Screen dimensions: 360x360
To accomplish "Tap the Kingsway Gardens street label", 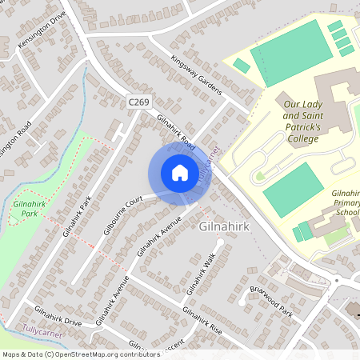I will (196, 76).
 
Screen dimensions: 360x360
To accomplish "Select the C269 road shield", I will (138, 102).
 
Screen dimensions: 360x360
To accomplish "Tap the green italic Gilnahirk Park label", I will (30, 209).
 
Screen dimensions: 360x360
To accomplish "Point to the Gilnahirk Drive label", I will (58, 316).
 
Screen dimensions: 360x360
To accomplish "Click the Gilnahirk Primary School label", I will (346, 203).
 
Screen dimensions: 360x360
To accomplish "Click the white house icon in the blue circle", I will (179, 172).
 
